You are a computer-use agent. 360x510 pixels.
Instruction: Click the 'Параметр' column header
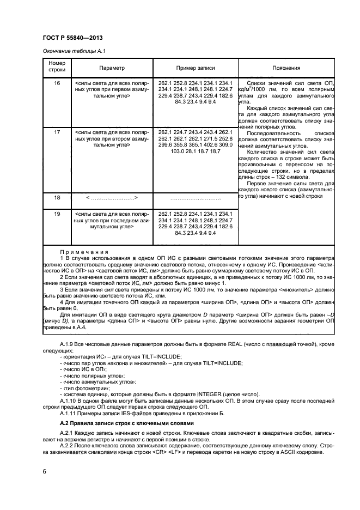pos(112,68)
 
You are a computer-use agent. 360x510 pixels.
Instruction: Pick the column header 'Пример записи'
pos(195,68)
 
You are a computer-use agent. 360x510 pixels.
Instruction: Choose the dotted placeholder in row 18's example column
pos(195,198)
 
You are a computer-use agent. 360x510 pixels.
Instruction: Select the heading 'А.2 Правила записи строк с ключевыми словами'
pos(125,423)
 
